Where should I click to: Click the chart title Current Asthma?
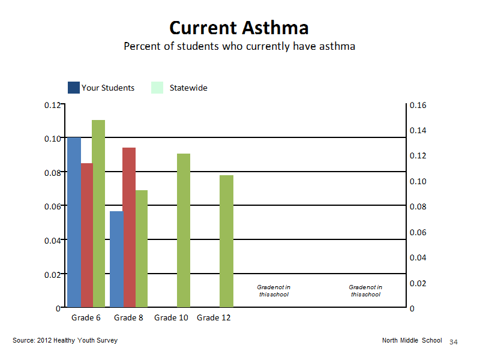click(x=239, y=28)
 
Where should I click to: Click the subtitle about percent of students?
click(x=239, y=46)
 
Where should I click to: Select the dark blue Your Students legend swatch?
click(x=73, y=88)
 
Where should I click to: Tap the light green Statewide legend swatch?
click(x=157, y=88)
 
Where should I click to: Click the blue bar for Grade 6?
click(x=74, y=222)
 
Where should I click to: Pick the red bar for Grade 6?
click(x=87, y=235)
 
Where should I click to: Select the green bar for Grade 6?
click(x=98, y=214)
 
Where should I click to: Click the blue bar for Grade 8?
click(x=116, y=259)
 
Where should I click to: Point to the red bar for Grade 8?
click(x=129, y=227)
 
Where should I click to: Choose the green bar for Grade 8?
click(x=142, y=248)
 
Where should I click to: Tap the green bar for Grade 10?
click(x=184, y=230)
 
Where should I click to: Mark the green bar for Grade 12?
click(x=227, y=241)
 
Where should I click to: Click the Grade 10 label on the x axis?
click(x=171, y=318)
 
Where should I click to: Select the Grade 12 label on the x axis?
click(x=214, y=318)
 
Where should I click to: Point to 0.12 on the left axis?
click(x=53, y=106)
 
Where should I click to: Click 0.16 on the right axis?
click(x=418, y=106)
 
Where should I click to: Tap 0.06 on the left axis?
click(x=53, y=206)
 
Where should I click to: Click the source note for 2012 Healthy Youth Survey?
click(x=65, y=340)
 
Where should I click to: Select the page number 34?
click(x=454, y=342)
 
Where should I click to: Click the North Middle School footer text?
click(x=412, y=340)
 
